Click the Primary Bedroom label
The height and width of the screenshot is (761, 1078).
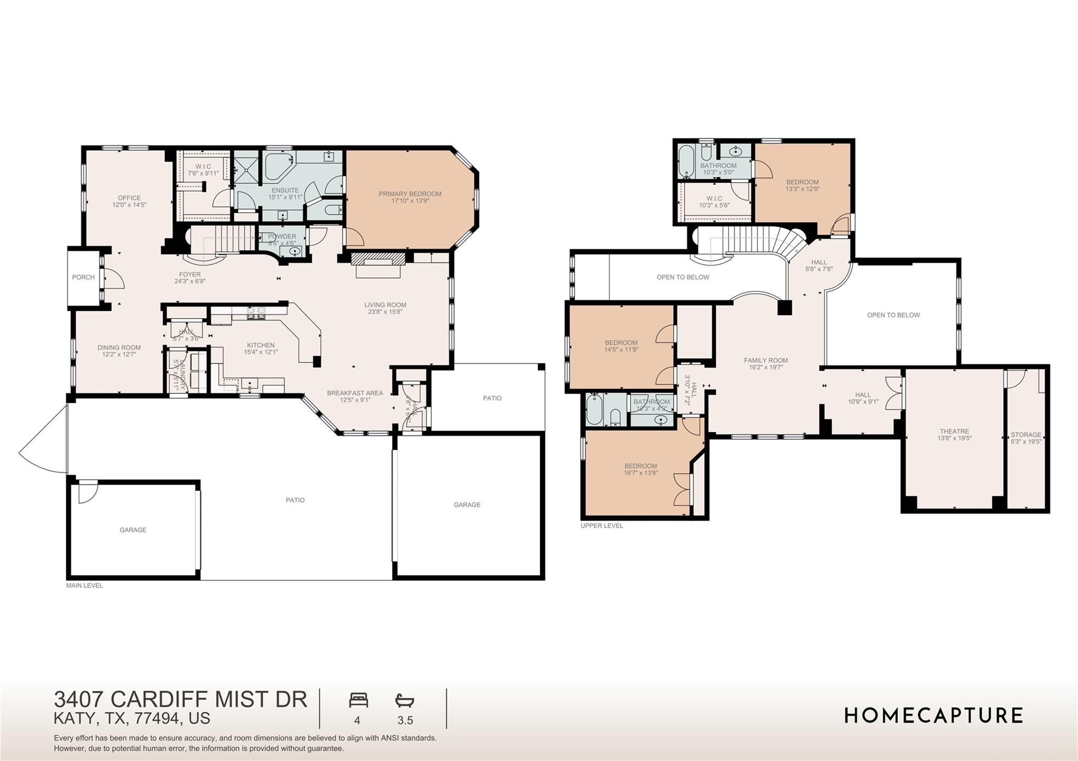point(410,194)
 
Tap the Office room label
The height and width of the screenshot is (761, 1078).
point(129,198)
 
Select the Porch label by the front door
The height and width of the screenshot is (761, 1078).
point(83,277)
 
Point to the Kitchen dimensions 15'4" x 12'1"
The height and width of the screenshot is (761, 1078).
point(261,352)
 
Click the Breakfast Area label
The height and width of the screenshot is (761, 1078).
point(355,393)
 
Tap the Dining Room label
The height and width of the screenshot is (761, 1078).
point(119,348)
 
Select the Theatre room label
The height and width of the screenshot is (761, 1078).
point(954,431)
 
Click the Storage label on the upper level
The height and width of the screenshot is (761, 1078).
point(1025,435)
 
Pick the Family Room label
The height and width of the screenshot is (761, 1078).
point(765,361)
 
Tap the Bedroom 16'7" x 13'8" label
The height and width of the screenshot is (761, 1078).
point(641,466)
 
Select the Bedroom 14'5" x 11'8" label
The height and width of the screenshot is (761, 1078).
point(621,342)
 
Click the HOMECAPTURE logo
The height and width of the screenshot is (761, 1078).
point(933,716)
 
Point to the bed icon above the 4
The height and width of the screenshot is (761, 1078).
point(358,700)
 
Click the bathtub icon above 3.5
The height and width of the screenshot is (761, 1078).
point(405,701)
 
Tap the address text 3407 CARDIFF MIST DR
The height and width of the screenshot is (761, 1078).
point(181,699)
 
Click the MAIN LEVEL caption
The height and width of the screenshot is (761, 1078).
point(84,585)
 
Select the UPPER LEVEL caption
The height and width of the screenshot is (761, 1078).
point(601,525)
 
